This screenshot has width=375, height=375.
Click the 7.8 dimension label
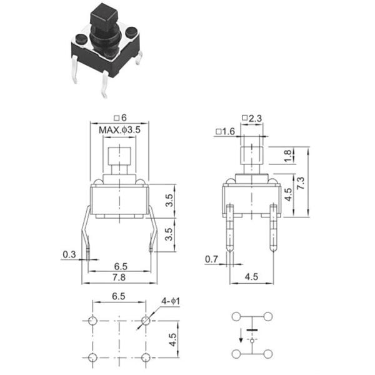(x=117, y=277)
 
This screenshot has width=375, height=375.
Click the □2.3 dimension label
(x=252, y=119)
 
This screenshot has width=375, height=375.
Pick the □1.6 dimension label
(x=224, y=131)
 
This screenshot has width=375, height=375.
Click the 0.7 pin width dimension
(x=212, y=259)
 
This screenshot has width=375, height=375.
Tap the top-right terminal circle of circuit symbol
(x=268, y=316)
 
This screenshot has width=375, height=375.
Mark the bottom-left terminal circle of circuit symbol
(x=237, y=354)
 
